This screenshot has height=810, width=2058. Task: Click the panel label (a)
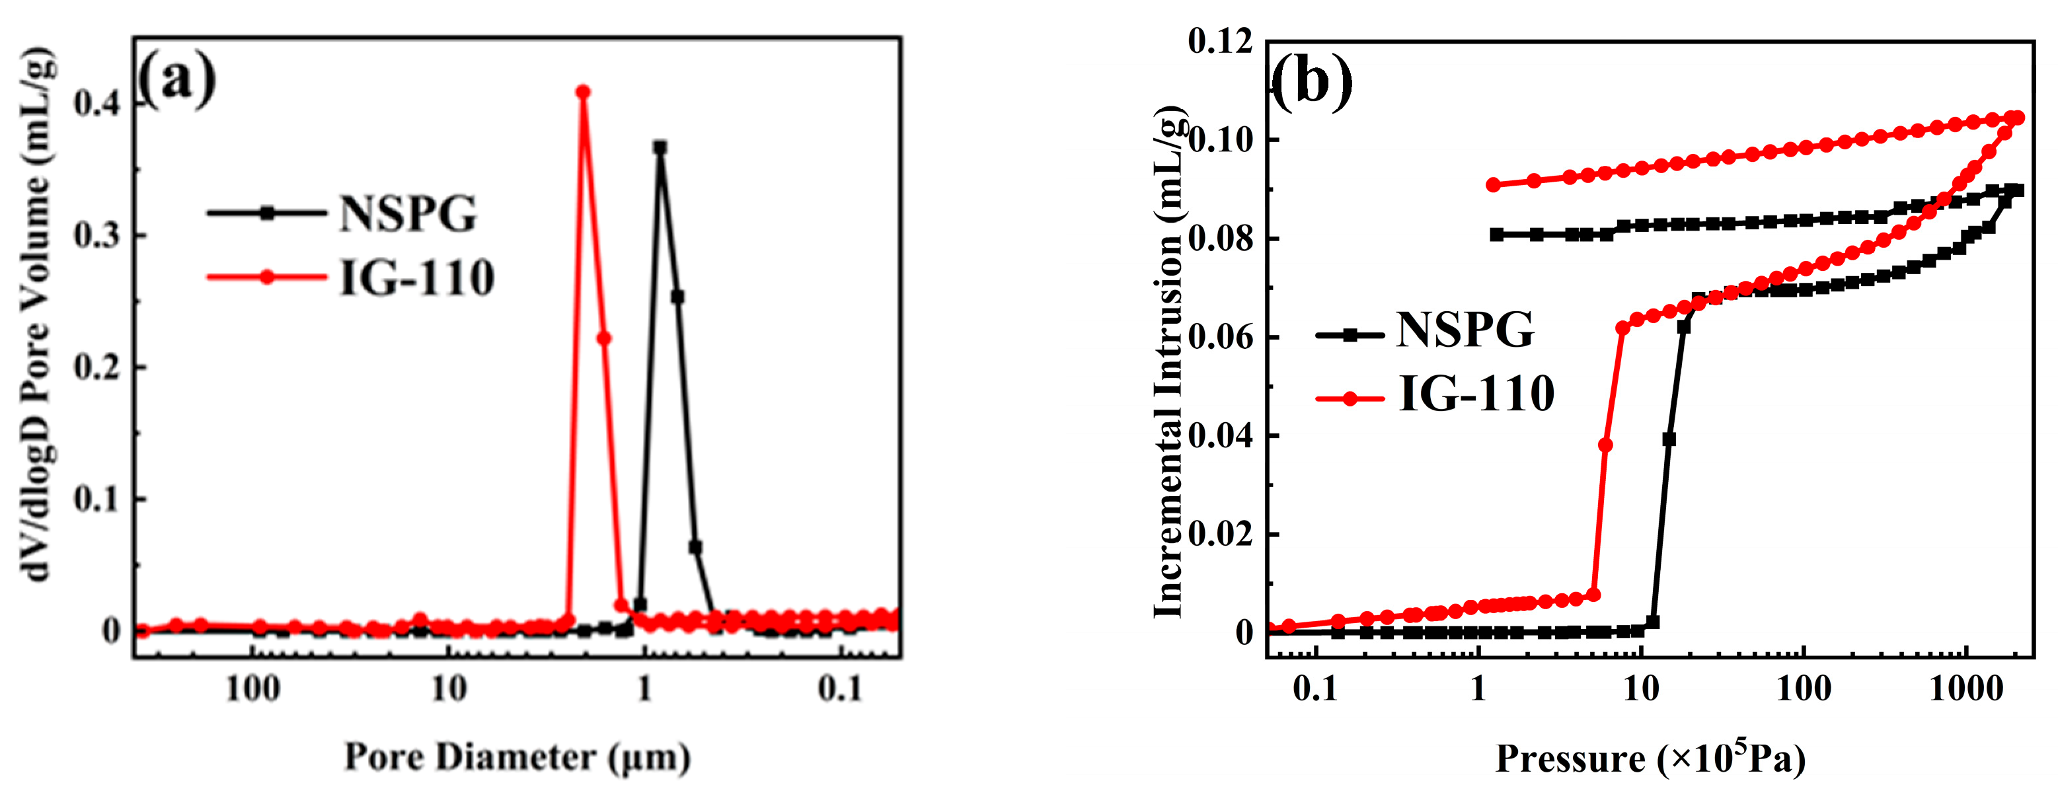click(x=176, y=80)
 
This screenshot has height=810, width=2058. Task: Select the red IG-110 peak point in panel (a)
click(x=583, y=92)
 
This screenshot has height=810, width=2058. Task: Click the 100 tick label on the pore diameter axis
click(x=252, y=688)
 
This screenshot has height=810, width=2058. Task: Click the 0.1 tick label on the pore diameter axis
click(x=841, y=688)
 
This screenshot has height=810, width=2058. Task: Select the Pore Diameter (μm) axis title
click(x=517, y=757)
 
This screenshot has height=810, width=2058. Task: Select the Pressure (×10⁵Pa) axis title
click(x=1650, y=757)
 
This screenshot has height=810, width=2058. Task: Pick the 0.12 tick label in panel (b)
click(x=1220, y=42)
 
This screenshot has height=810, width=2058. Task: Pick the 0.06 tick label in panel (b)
click(x=1220, y=337)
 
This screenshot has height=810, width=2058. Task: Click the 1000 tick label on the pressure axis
click(x=1965, y=688)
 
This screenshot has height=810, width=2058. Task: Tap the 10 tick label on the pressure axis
click(x=1641, y=688)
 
